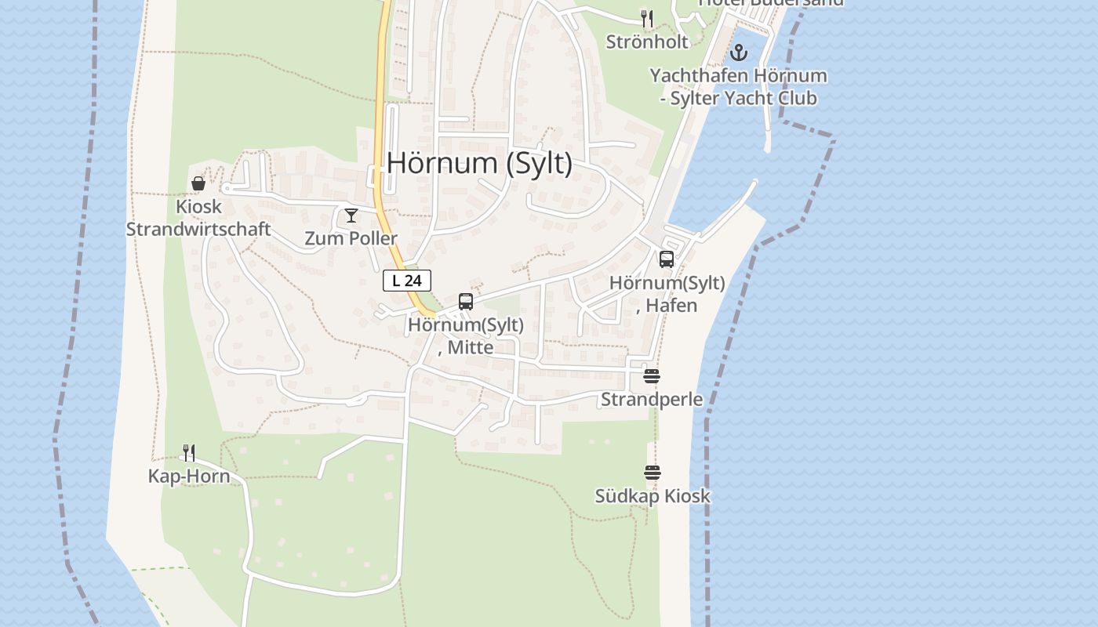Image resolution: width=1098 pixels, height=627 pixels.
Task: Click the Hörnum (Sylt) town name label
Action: [479, 163]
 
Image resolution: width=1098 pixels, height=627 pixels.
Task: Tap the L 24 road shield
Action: [407, 281]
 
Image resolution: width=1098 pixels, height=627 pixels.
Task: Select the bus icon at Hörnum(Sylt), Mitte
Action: [466, 302]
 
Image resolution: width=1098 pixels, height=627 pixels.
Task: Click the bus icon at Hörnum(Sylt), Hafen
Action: [667, 259]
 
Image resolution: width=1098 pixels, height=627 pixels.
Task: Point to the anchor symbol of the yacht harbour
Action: [738, 53]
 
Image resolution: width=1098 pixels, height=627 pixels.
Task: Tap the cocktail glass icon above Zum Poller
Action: [351, 215]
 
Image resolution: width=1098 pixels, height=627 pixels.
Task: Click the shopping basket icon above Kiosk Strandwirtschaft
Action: [198, 183]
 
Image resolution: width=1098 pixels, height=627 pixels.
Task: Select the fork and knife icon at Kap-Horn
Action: [189, 452]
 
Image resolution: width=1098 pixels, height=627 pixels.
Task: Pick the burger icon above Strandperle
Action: [652, 376]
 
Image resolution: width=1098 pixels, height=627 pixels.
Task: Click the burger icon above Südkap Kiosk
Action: [653, 473]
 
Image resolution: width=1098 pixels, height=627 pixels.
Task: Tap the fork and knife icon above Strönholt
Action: [647, 18]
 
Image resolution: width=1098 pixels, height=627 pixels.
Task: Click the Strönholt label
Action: [647, 42]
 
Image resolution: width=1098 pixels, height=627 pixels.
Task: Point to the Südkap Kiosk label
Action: [653, 496]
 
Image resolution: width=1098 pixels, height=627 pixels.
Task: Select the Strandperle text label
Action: [652, 399]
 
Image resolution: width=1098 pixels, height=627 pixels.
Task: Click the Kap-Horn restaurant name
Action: [189, 477]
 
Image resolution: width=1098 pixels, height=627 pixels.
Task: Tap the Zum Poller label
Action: [351, 238]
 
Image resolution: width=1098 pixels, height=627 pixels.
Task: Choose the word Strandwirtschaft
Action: [198, 230]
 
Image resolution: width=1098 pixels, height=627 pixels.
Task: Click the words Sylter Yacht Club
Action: [746, 98]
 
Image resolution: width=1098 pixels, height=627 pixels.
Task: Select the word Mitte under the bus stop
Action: [471, 346]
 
